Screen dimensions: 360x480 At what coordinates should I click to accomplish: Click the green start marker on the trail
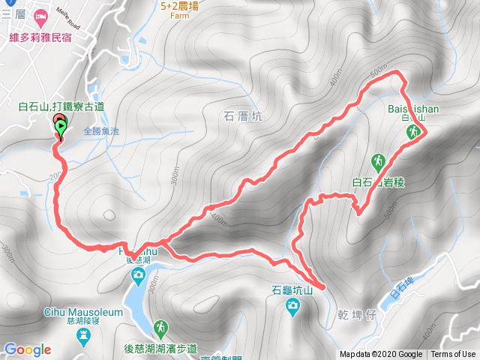pyautogui.click(x=59, y=127)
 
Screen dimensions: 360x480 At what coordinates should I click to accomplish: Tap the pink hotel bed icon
pyautogui.click(x=40, y=16)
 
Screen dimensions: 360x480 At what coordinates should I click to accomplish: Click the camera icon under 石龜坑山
pyautogui.click(x=292, y=304)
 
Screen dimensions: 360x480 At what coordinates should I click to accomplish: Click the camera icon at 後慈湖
pyautogui.click(x=138, y=276)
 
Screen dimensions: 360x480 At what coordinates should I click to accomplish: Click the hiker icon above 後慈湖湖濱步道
pyautogui.click(x=160, y=328)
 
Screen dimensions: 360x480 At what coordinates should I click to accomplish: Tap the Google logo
pyautogui.click(x=27, y=349)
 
